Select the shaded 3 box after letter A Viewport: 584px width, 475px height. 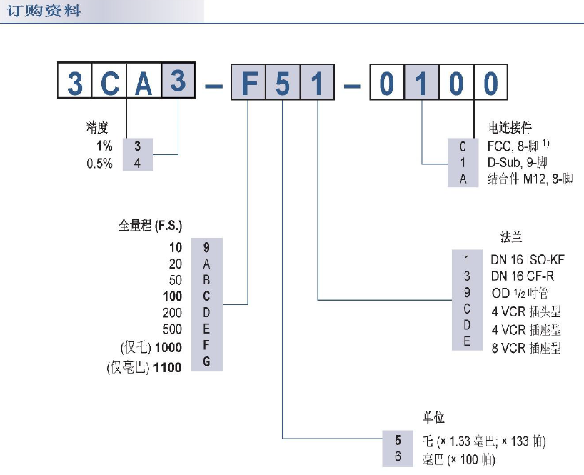tap(178, 83)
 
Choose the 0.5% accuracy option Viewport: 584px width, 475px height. tap(99, 163)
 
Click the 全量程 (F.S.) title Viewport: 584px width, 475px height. tap(150, 226)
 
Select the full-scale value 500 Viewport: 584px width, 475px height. tap(173, 329)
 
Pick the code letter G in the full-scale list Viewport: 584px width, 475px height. tap(206, 363)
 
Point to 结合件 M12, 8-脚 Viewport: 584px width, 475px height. tap(529, 179)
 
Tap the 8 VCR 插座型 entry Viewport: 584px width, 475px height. tap(525, 348)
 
